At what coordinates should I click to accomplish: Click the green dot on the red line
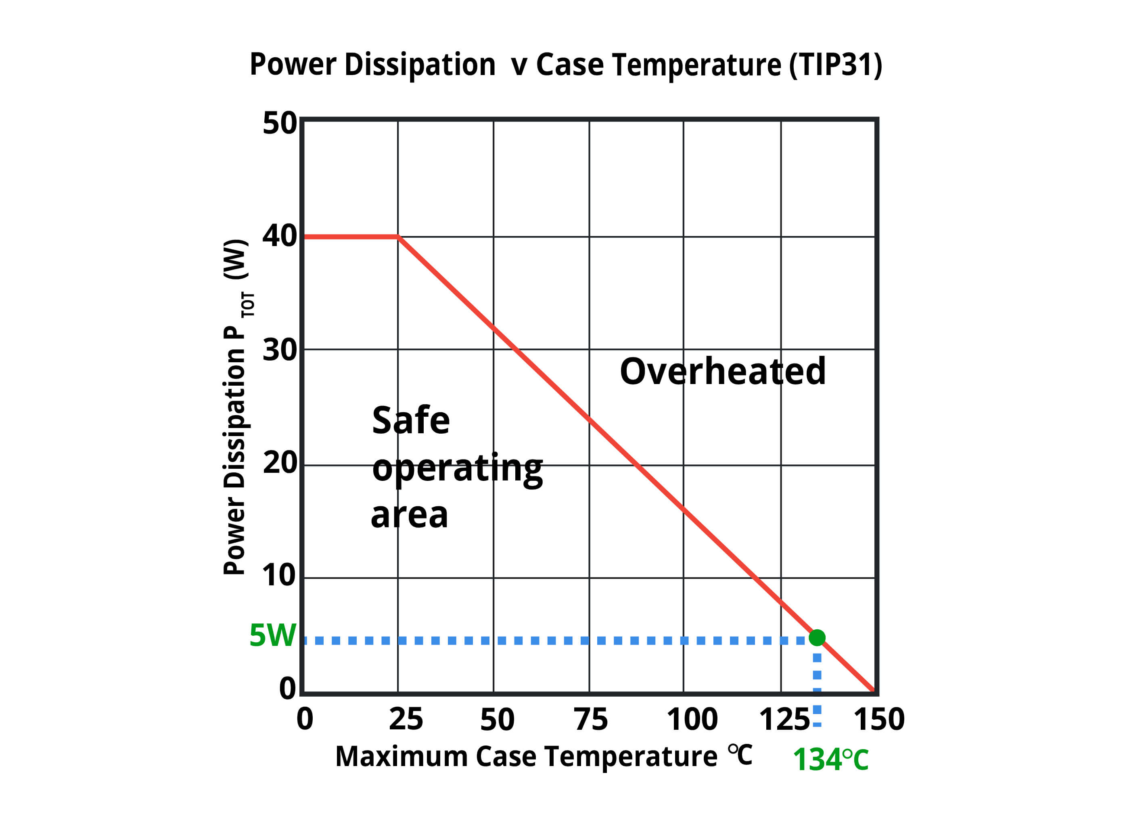click(817, 637)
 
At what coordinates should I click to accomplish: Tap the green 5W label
click(272, 636)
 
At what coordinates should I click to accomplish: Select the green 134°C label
click(830, 760)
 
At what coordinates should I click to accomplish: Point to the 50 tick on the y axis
click(279, 123)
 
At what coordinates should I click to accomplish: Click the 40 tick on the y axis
click(279, 236)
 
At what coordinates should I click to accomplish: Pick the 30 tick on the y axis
click(279, 350)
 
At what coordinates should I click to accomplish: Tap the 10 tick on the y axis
click(278, 575)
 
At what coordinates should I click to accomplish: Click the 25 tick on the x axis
click(406, 719)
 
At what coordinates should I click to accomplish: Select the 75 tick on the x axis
click(591, 719)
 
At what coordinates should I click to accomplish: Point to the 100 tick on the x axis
click(692, 719)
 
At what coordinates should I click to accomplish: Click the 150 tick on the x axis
click(879, 719)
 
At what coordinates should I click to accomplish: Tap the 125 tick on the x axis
click(784, 719)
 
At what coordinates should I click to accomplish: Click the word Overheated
click(722, 372)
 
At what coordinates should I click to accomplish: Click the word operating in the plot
click(457, 469)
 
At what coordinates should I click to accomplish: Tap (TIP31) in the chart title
click(835, 65)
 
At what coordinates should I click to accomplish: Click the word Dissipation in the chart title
click(420, 65)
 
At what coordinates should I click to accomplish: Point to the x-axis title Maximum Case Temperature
click(526, 756)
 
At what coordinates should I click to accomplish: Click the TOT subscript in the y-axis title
click(248, 305)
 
